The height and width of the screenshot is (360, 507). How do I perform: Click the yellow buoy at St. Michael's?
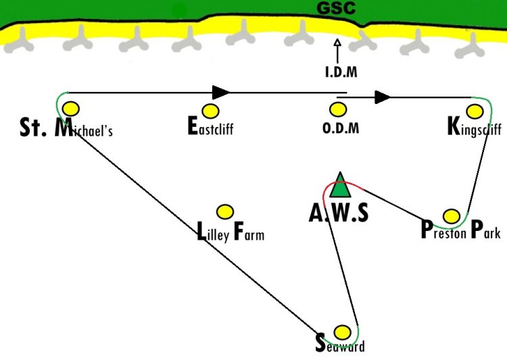71,109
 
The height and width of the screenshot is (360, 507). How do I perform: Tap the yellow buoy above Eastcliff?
210,111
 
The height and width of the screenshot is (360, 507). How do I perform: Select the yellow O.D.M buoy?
338,109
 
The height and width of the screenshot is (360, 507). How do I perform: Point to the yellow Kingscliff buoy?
475,111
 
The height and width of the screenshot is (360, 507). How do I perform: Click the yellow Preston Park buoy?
452,216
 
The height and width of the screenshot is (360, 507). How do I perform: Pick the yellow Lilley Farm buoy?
225,212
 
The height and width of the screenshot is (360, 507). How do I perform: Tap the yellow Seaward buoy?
342,332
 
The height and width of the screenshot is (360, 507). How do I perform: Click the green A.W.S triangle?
340,186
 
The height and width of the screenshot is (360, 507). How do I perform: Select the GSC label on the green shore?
336,8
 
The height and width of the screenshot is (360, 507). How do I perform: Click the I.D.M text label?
341,72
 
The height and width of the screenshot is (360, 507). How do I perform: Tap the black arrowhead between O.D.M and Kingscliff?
383,97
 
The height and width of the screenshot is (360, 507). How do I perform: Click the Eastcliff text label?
210,126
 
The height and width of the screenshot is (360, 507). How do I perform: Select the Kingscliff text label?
475,127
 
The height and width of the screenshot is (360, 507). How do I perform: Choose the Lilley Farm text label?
231,232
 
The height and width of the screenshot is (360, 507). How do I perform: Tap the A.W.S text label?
339,213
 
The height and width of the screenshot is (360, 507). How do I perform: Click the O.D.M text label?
341,128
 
